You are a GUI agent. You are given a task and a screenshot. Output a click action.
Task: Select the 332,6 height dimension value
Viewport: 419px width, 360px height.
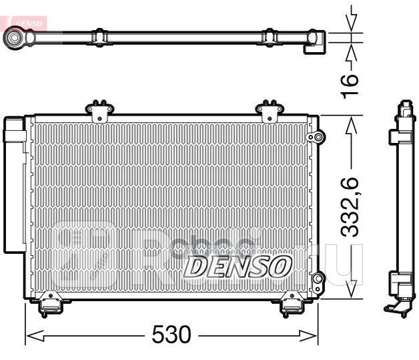[352, 208]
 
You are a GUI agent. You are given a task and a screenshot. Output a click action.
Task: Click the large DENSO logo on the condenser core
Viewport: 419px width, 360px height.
[237, 265]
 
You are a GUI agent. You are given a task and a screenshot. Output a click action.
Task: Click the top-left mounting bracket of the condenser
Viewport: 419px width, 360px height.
[99, 110]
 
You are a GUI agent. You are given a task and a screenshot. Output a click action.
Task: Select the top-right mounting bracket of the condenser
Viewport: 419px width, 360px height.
[270, 110]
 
